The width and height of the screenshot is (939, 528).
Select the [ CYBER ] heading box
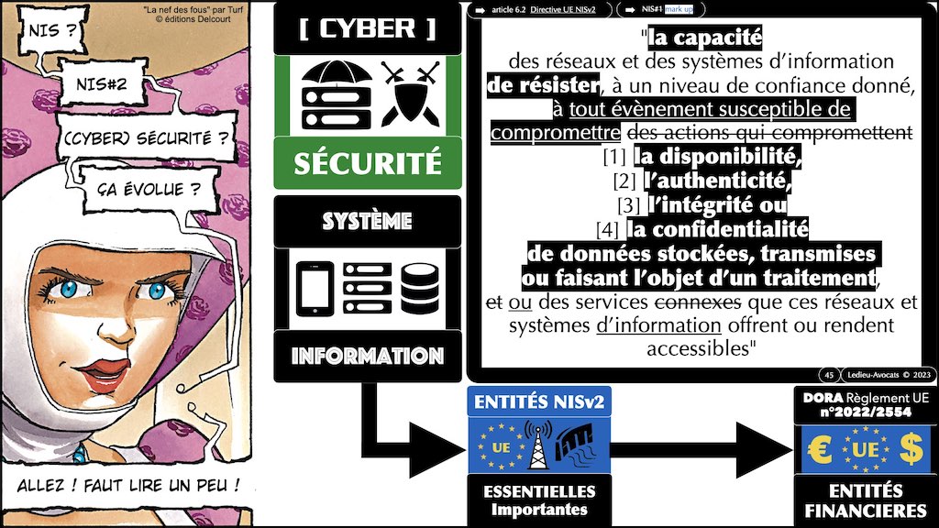[367, 27]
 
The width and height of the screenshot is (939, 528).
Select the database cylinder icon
[421, 288]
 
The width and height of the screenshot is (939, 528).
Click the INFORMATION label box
[367, 356]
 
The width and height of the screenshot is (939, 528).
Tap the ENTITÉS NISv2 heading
[536, 400]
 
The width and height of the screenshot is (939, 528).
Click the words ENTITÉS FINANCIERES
[864, 500]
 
